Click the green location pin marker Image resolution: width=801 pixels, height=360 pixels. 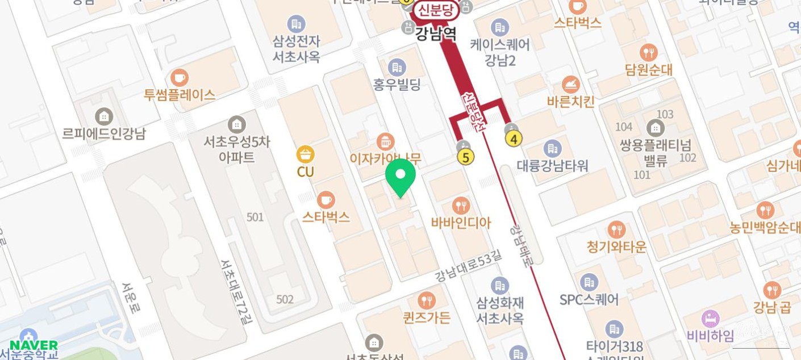coord(400,176)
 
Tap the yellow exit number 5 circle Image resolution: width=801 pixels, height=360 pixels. coord(466,157)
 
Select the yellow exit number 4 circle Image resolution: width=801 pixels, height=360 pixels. coord(514,139)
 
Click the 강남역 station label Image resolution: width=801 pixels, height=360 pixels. coord(436,34)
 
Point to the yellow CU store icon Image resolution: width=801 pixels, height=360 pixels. coord(306,154)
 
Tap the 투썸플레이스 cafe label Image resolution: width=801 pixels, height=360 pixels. coord(180,95)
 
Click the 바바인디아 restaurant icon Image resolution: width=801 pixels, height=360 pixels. coord(461,206)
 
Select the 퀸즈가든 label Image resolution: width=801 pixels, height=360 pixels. coord(427,317)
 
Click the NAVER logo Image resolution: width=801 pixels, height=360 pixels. coord(34,345)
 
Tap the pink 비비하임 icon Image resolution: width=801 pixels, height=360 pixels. coord(710,319)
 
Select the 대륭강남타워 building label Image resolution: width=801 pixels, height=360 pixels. coord(552,166)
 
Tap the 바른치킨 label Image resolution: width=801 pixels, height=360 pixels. coord(570,102)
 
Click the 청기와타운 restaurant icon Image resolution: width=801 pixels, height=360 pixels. coord(616,230)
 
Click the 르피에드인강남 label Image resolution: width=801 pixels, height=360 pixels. coord(104,133)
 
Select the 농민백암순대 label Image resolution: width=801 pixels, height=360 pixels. coord(765,228)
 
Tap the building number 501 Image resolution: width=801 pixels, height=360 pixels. coord(255,217)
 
